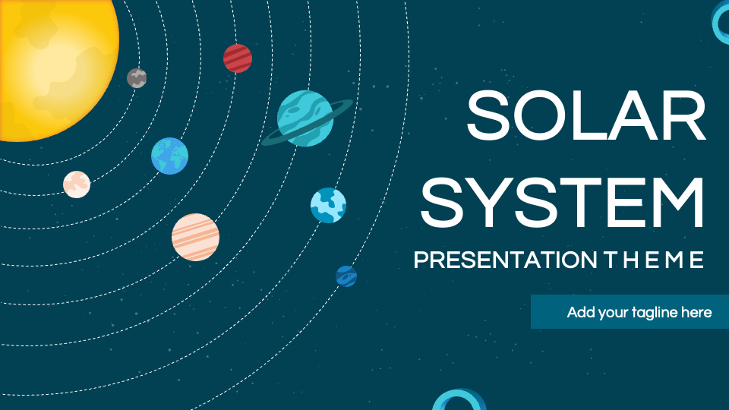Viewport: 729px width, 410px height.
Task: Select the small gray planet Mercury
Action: (x=137, y=77)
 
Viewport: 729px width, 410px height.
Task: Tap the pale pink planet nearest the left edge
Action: (x=77, y=184)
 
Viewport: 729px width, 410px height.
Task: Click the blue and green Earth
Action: (x=169, y=156)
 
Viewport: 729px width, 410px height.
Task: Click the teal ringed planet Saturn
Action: (x=305, y=118)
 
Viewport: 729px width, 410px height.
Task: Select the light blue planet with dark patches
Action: (x=328, y=205)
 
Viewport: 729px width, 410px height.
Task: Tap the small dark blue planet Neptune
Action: (x=346, y=276)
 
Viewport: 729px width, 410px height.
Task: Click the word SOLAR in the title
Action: (x=586, y=115)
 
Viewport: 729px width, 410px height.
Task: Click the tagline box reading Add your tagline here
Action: (x=630, y=312)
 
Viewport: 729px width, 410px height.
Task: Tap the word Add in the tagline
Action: (x=580, y=312)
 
